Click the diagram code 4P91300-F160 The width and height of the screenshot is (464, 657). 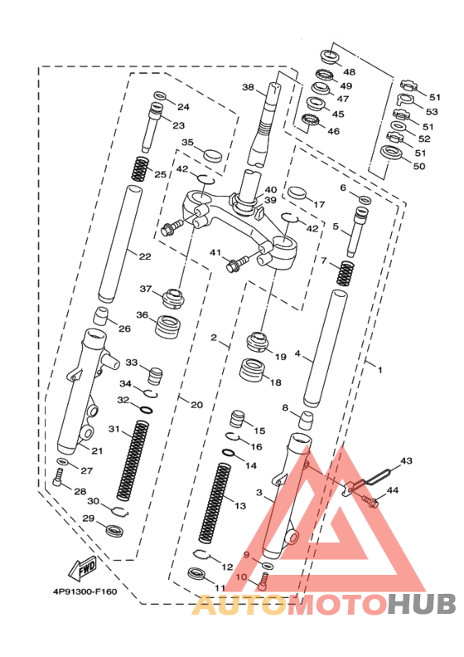(x=85, y=591)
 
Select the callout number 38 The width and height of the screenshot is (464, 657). (x=248, y=87)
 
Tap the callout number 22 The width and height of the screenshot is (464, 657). (x=145, y=256)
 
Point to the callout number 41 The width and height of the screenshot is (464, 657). (x=215, y=253)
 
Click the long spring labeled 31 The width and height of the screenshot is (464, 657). (x=133, y=460)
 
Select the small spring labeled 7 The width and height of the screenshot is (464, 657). (x=346, y=274)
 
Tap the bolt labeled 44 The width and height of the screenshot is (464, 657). (x=370, y=501)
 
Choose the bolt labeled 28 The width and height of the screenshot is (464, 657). (x=58, y=478)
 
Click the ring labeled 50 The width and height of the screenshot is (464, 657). (x=392, y=153)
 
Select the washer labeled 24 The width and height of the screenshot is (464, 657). (x=160, y=95)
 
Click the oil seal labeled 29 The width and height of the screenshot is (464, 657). (x=114, y=529)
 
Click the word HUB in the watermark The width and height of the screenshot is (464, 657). (x=422, y=604)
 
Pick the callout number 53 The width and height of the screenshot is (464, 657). (x=432, y=111)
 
